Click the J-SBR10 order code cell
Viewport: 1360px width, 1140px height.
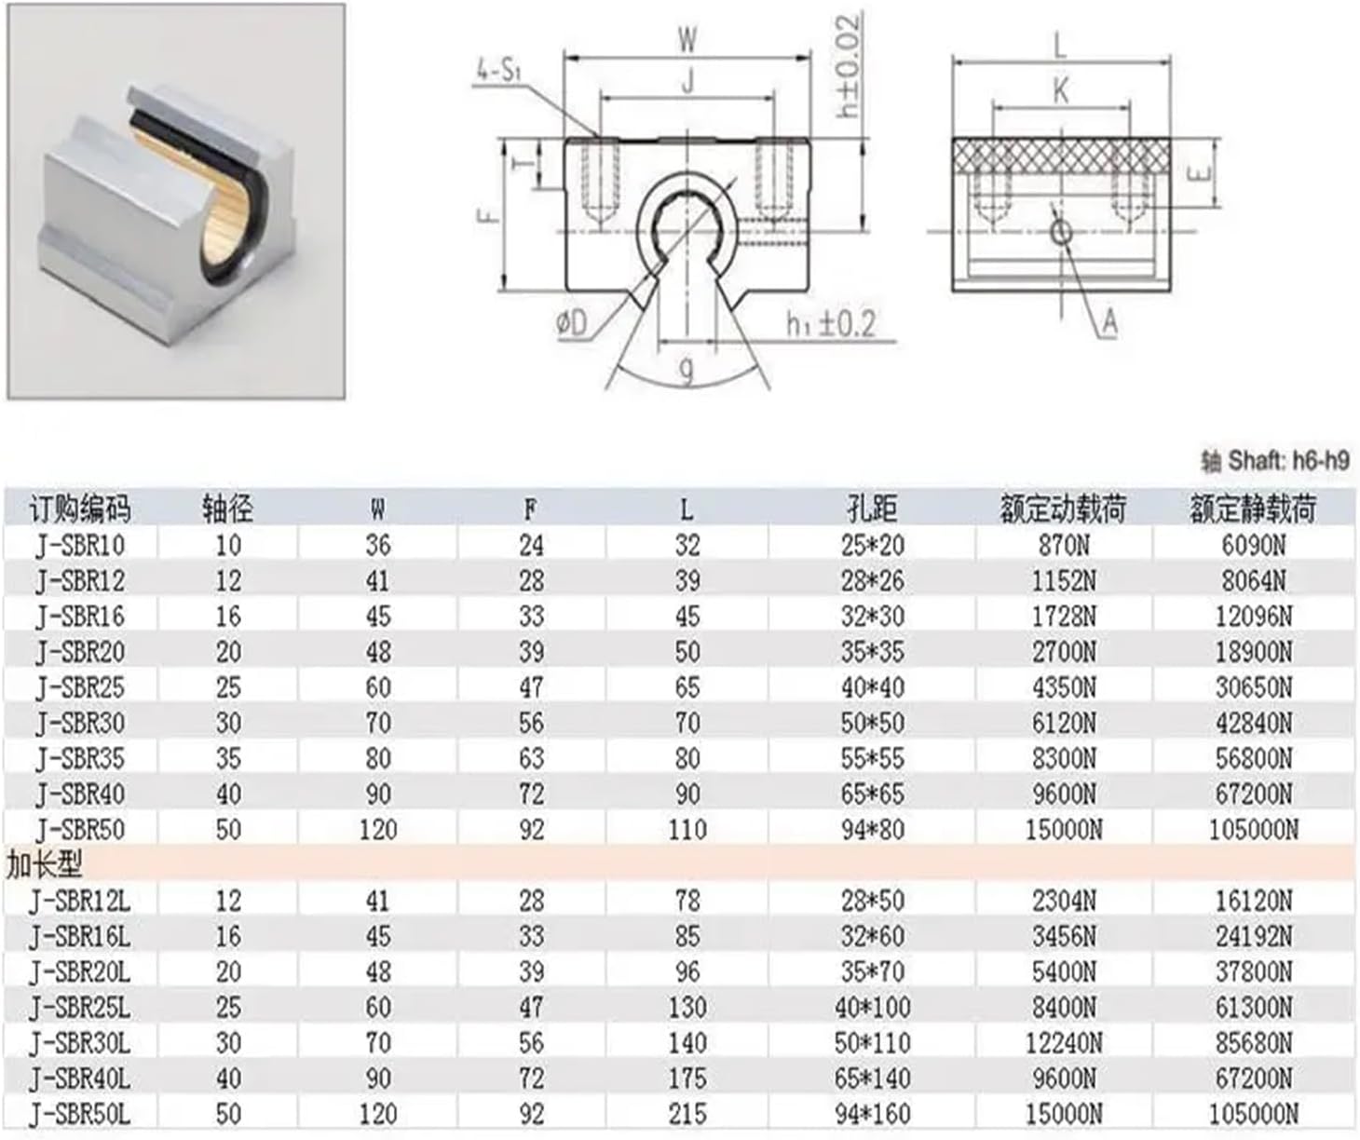79,545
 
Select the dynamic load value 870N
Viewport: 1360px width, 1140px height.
1063,545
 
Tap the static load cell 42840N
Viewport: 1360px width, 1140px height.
1254,723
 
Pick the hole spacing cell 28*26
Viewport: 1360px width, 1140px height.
872,580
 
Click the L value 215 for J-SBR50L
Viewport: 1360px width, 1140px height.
687,1114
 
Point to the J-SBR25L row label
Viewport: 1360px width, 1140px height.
79,1007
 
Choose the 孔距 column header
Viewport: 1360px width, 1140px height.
872,509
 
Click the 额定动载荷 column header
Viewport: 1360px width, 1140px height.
1063,509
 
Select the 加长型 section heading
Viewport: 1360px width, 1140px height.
44,865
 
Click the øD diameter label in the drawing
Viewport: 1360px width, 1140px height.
572,323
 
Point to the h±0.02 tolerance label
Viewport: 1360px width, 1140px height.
848,65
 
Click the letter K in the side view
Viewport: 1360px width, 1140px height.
1060,90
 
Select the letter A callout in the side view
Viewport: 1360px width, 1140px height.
1108,322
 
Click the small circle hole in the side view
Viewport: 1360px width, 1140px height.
1060,231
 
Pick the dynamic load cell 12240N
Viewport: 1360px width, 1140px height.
1063,1042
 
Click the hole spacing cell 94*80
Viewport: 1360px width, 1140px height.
872,829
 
